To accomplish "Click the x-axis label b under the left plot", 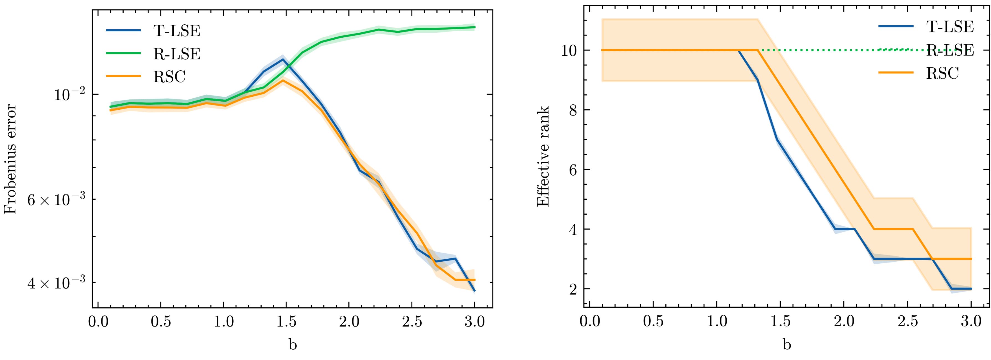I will tap(293, 344).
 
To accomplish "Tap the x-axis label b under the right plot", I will tap(787, 344).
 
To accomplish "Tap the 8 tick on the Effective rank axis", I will tap(573, 110).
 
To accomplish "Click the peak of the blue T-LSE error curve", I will tap(283, 59).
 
